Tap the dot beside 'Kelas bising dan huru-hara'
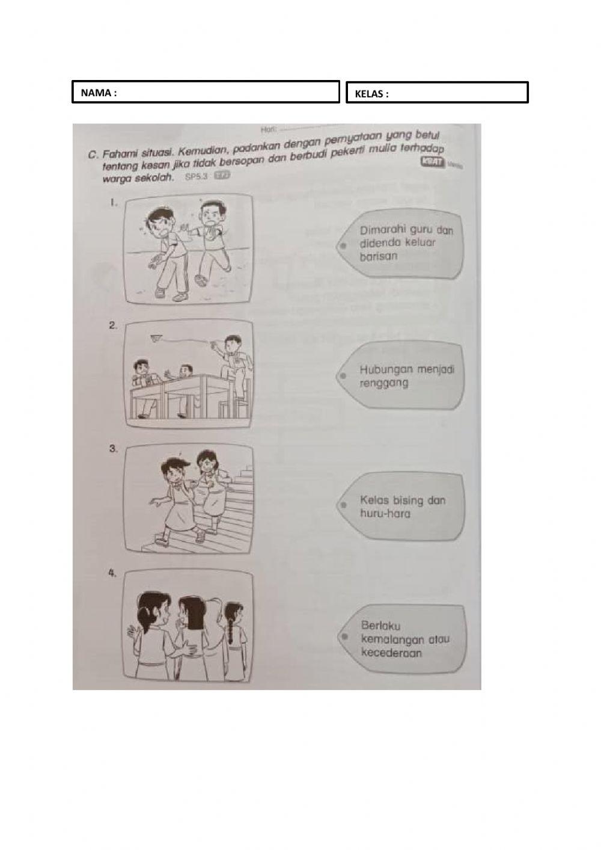[343, 505]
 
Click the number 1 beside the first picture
[112, 203]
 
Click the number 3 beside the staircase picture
[112, 448]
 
